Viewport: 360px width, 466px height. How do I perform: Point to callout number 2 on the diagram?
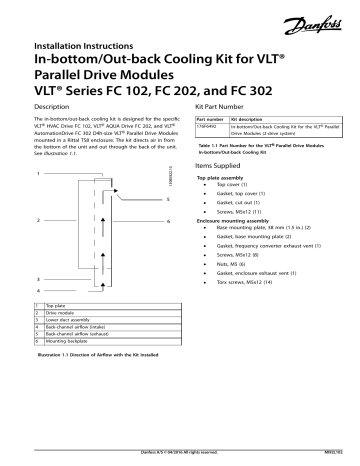38,218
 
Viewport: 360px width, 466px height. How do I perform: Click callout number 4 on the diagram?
38,290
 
